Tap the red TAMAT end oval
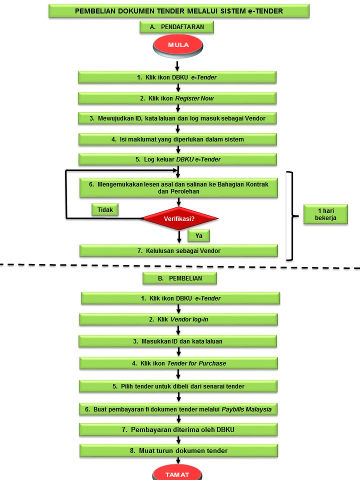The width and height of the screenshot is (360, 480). point(177,473)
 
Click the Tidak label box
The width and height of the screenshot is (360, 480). point(105,209)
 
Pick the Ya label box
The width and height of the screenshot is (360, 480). point(198,235)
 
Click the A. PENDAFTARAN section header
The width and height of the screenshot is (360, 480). point(177,27)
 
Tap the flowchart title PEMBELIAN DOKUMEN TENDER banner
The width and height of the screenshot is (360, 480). point(178,11)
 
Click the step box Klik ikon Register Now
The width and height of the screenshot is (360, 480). point(177,98)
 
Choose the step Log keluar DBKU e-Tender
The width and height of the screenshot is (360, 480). point(177,159)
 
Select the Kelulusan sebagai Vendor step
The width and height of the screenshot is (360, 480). point(178,250)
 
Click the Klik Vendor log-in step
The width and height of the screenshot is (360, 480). point(178,319)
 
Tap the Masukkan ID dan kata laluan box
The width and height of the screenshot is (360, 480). point(178,341)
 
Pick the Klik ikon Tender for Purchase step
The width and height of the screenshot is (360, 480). point(178,363)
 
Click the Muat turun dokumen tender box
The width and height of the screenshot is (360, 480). point(178,450)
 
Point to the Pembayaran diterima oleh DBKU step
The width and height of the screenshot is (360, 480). point(178,429)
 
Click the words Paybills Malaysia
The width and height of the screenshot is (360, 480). point(249,409)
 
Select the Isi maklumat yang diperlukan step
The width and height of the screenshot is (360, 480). point(177,139)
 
